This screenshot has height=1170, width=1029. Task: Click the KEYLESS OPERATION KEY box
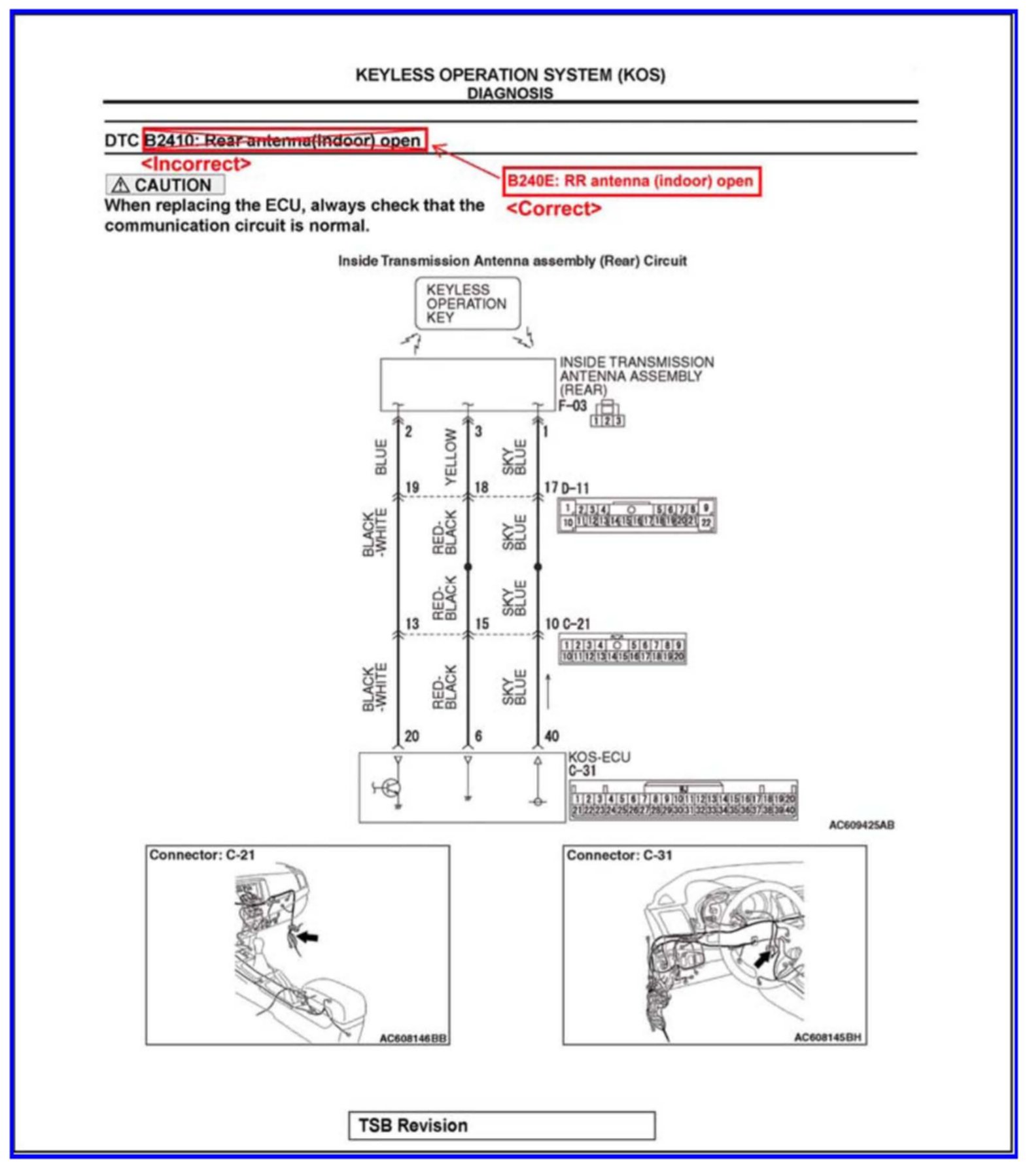click(467, 303)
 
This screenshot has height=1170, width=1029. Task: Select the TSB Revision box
click(501, 1125)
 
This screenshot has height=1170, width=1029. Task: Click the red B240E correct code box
click(631, 181)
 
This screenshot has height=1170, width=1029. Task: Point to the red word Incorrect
click(196, 163)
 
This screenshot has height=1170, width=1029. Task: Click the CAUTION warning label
click(165, 185)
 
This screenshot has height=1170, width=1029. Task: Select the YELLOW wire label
click(451, 457)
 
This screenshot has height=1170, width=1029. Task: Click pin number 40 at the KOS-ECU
click(551, 736)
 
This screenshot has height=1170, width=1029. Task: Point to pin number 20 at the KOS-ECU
click(411, 736)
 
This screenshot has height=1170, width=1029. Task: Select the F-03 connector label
click(572, 405)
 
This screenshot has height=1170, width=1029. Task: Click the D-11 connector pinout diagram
click(637, 515)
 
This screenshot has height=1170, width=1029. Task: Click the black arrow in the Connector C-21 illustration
click(308, 937)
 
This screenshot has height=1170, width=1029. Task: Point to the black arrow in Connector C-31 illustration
click(761, 959)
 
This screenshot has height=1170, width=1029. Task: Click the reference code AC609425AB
click(861, 825)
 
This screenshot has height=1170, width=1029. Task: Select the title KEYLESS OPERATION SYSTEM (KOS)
click(510, 75)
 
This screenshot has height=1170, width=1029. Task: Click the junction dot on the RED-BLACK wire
click(468, 566)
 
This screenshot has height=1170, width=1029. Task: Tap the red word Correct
click(554, 209)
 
